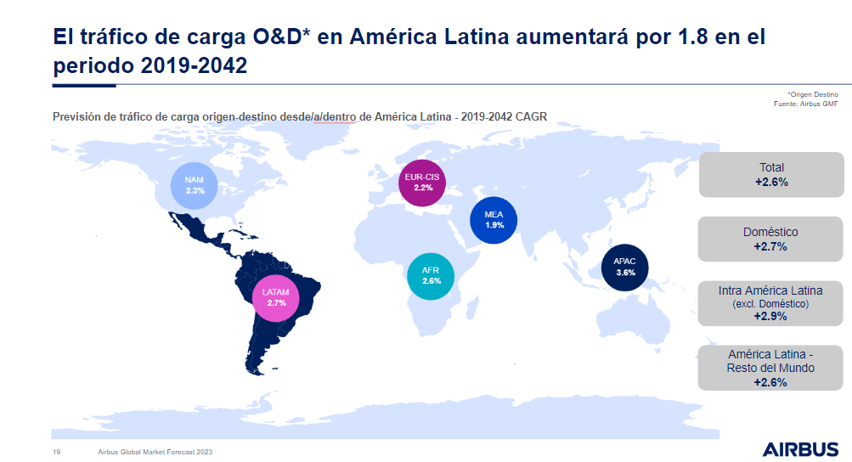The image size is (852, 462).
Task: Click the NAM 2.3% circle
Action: [195, 185]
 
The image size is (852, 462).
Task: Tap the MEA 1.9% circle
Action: [494, 220]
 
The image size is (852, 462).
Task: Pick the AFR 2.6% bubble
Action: [431, 275]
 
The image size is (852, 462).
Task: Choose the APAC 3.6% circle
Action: [625, 267]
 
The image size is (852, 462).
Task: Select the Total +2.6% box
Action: [771, 174]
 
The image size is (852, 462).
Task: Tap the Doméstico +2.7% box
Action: [771, 239]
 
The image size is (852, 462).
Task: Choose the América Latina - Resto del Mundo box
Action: [771, 368]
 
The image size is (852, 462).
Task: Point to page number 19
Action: [56, 452]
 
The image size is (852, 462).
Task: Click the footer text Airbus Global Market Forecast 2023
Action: [155, 452]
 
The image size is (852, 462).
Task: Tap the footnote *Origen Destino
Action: [813, 94]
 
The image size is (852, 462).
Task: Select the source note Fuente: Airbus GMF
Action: [806, 104]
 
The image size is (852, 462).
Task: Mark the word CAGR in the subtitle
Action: [530, 116]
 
